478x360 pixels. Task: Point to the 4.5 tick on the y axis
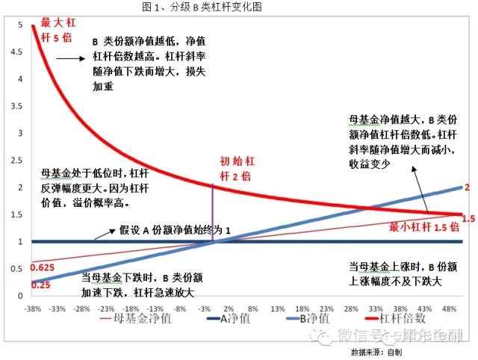point(20,52)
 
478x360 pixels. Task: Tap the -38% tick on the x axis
point(32,307)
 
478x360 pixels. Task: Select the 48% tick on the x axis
point(450,307)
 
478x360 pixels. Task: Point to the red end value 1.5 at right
point(468,218)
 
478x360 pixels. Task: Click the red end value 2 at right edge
point(466,187)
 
